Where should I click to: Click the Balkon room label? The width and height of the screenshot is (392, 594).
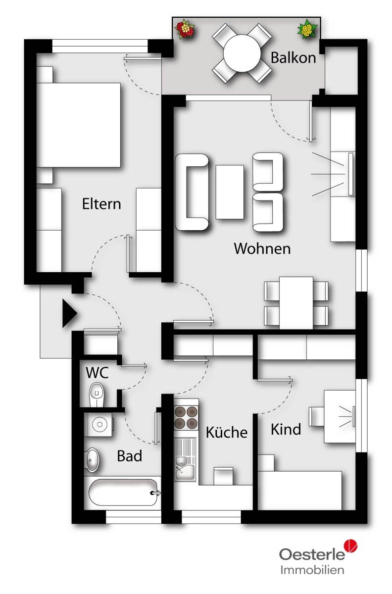[x=294, y=57]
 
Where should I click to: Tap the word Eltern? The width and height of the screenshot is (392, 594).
[x=101, y=203]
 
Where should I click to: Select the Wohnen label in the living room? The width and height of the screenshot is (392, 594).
[x=262, y=248]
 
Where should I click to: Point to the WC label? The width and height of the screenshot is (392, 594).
[x=97, y=373]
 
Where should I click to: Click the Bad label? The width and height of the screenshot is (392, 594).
[x=129, y=456]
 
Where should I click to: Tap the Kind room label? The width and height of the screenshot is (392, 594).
[x=286, y=429]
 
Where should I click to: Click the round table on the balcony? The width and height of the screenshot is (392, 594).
[x=243, y=53]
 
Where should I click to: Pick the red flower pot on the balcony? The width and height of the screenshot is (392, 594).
[x=185, y=29]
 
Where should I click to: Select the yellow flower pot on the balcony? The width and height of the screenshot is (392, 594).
[x=308, y=29]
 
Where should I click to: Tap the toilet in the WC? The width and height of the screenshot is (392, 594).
[x=97, y=395]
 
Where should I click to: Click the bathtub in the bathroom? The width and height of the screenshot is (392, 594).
[x=123, y=493]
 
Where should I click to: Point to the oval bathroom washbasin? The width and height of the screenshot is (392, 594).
[x=93, y=460]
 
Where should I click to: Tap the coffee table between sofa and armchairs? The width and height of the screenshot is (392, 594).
[x=230, y=192]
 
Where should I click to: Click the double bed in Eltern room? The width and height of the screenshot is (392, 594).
[x=79, y=125]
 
